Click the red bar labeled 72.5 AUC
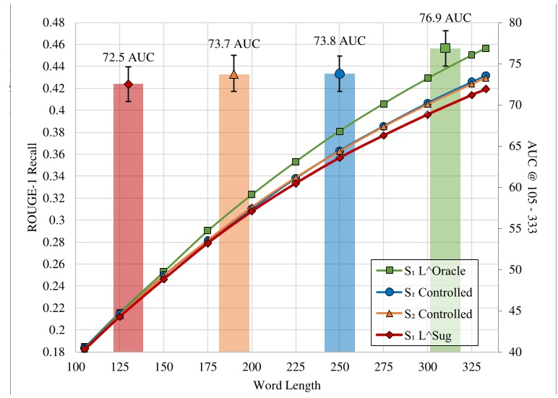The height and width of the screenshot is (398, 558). [128, 217]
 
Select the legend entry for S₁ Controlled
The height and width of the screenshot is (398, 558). [432, 292]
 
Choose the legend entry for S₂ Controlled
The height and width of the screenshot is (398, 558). [432, 313]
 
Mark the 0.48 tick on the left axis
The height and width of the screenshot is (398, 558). [56, 22]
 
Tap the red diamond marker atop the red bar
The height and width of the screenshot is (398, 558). [128, 85]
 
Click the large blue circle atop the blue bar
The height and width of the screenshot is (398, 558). [339, 74]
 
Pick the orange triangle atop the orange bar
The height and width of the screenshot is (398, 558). [233, 74]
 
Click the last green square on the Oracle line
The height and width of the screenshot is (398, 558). [486, 48]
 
